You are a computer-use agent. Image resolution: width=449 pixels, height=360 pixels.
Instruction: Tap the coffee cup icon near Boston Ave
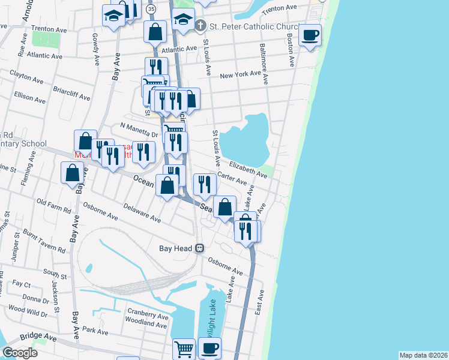tap(310, 35)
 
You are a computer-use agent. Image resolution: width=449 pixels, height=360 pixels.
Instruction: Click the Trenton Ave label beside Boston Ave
tap(280, 8)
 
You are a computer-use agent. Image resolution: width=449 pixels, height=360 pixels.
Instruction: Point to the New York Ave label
tap(240, 76)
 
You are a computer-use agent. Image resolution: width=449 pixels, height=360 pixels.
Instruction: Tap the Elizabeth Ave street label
tap(247, 167)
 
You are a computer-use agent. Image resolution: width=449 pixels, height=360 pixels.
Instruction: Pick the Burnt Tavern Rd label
tap(44, 239)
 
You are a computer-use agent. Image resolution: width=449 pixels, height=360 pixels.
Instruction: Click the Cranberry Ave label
tap(148, 315)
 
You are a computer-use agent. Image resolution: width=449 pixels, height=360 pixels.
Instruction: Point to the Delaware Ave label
tap(142, 212)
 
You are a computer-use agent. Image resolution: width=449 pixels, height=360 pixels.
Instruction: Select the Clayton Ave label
tap(26, 77)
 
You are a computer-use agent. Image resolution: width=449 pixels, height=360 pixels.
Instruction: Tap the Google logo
tap(19, 352)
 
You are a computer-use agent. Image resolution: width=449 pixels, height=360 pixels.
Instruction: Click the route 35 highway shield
tap(151, 9)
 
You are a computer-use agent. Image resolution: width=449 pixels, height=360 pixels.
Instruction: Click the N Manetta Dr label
tap(139, 130)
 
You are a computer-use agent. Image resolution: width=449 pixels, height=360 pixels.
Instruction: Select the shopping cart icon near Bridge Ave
tap(184, 348)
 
